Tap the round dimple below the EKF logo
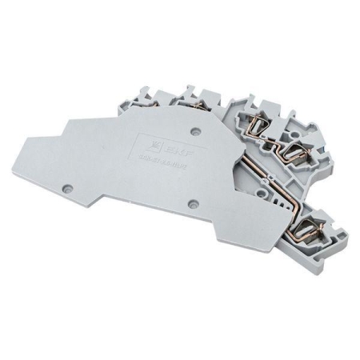point(191,203)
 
